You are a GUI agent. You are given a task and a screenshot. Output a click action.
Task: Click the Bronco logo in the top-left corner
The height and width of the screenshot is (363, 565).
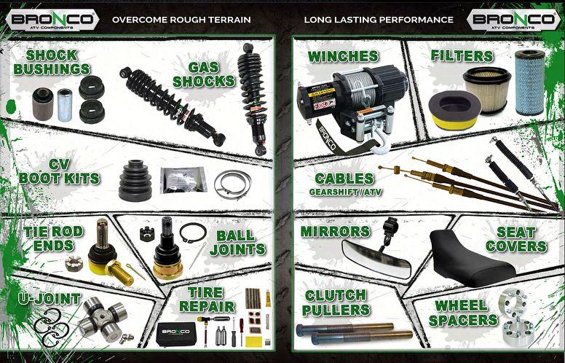pyautogui.click(x=50, y=19)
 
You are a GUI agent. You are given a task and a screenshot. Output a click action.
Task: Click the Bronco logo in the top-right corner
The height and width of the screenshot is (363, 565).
pyautogui.click(x=513, y=19)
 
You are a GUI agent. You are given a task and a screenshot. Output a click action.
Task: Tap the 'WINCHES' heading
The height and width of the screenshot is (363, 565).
pyautogui.click(x=342, y=57)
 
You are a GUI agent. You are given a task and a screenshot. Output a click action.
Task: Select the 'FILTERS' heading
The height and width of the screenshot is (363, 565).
pyautogui.click(x=462, y=56)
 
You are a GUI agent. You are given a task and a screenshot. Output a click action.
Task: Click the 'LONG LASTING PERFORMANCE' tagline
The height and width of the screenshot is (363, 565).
pyautogui.click(x=379, y=20)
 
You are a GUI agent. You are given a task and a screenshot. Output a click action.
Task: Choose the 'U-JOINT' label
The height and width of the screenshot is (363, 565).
pyautogui.click(x=41, y=299)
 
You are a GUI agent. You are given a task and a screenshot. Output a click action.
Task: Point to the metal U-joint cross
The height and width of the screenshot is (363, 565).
pyautogui.click(x=98, y=318)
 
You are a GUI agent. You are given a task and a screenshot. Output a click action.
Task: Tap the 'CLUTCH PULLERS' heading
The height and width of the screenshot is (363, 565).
pyautogui.click(x=336, y=302)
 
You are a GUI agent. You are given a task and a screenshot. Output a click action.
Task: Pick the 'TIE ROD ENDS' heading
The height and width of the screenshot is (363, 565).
pyautogui.click(x=53, y=238)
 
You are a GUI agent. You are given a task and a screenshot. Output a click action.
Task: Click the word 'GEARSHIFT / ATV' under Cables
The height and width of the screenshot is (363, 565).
pyautogui.click(x=345, y=192)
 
